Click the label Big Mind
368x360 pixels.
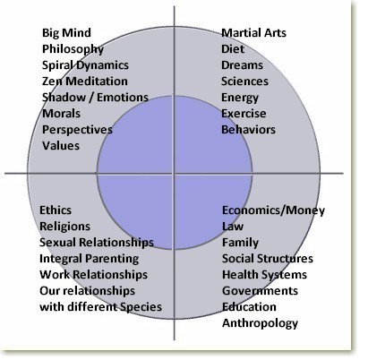(x=66, y=33)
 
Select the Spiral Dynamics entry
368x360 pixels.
(x=85, y=65)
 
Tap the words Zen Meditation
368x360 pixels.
(x=85, y=81)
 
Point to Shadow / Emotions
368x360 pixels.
(x=95, y=98)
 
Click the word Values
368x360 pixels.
(x=61, y=146)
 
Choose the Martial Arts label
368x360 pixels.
(x=253, y=33)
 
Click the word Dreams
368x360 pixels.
(x=242, y=65)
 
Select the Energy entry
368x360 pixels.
(x=240, y=98)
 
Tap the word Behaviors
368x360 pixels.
(x=248, y=130)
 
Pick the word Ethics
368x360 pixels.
(x=56, y=210)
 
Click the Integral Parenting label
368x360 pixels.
(x=89, y=259)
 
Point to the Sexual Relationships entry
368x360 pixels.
(x=97, y=243)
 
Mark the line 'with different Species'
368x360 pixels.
(x=101, y=307)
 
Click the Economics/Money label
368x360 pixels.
(x=273, y=210)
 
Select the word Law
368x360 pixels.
(x=233, y=227)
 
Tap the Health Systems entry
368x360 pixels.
(x=264, y=275)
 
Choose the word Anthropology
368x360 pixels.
(x=260, y=323)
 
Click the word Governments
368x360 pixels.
(x=260, y=291)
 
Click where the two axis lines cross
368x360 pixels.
(x=175, y=173)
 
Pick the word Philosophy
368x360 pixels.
(x=73, y=49)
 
